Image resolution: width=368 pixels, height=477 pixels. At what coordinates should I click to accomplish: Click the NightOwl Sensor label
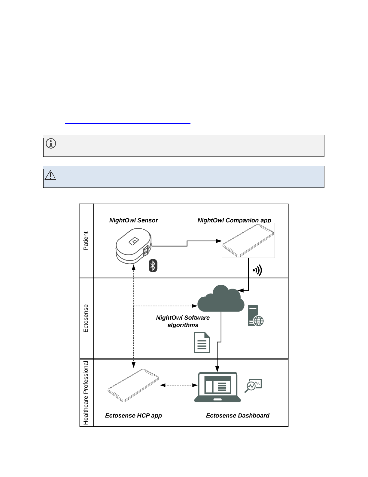pyautogui.click(x=133, y=220)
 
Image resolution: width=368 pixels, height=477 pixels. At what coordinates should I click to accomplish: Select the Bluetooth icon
pyautogui.click(x=153, y=266)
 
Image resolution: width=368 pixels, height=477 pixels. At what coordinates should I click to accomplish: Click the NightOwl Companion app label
pyautogui.click(x=234, y=220)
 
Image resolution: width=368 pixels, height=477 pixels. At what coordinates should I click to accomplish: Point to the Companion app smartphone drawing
pyautogui.click(x=248, y=240)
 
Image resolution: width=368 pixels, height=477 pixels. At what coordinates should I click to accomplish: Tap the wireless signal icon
pyautogui.click(x=257, y=270)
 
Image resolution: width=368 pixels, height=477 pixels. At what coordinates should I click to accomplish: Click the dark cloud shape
pyautogui.click(x=221, y=299)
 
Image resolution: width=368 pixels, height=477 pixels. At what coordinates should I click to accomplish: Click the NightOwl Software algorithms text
pyautogui.click(x=183, y=321)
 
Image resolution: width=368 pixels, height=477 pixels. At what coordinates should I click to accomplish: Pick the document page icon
pyautogui.click(x=202, y=342)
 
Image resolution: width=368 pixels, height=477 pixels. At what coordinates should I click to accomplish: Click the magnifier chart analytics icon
pyautogui.click(x=253, y=386)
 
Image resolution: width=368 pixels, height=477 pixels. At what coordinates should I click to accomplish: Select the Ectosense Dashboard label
pyautogui.click(x=238, y=416)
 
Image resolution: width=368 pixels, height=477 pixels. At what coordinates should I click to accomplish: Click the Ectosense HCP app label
pyautogui.click(x=133, y=416)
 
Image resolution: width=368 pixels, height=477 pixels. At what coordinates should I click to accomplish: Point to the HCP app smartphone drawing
pyautogui.click(x=133, y=385)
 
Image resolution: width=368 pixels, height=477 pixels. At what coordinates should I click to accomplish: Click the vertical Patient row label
pyautogui.click(x=86, y=241)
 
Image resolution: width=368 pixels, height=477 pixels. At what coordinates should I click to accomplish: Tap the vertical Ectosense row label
pyautogui.click(x=86, y=318)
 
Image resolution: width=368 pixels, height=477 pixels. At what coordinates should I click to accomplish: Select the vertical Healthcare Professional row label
pyautogui.click(x=86, y=393)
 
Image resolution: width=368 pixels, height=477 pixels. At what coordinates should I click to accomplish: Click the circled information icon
pyautogui.click(x=51, y=144)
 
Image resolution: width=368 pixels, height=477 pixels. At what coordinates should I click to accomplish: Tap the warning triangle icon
pyautogui.click(x=50, y=175)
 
